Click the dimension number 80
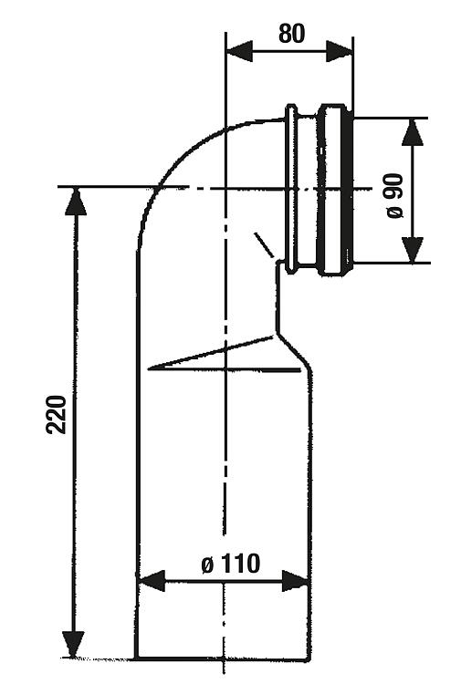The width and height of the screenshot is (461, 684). coord(291,33)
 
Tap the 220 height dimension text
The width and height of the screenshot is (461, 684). coord(57,414)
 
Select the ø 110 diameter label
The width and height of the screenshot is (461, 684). coord(231,564)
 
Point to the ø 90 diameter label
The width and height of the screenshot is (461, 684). coord(394,196)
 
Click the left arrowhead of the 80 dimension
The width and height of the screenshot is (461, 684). coord(239,52)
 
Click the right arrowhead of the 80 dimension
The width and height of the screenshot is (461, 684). coord(340,52)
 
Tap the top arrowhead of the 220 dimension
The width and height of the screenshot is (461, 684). coord(76,202)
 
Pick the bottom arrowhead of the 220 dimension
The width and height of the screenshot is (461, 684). coord(73,644)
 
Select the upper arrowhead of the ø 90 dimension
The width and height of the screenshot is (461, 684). coord(413,132)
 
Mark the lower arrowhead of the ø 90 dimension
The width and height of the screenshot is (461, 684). coord(413,250)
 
